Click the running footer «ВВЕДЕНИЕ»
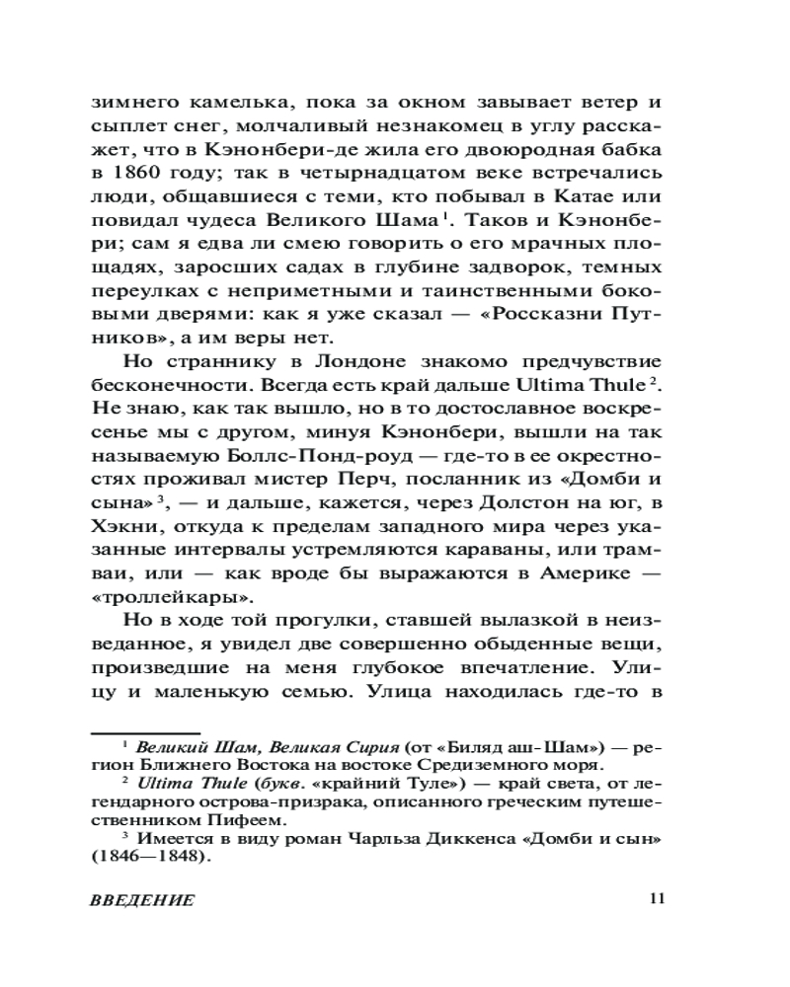[141, 900]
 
